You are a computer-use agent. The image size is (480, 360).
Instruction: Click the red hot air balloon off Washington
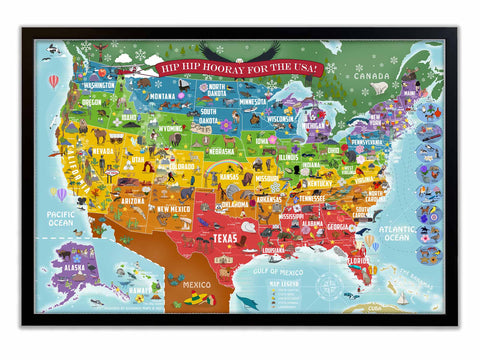[54, 81]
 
